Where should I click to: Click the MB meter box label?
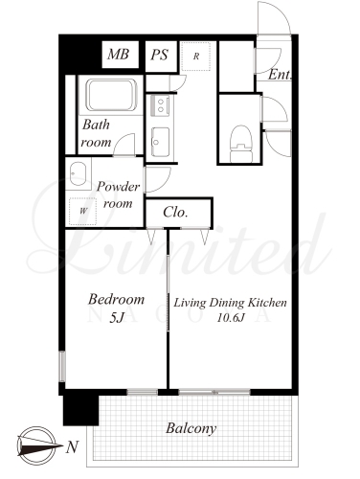click(118, 55)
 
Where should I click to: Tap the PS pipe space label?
click(159, 55)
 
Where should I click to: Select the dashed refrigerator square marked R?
click(196, 57)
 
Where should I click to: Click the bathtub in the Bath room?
click(110, 95)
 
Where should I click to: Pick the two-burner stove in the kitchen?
click(160, 105)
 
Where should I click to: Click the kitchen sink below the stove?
click(160, 142)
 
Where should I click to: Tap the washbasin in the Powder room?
click(78, 173)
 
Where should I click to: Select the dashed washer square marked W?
click(83, 211)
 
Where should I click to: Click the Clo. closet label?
click(175, 212)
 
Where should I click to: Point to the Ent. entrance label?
click(280, 75)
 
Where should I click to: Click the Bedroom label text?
click(116, 299)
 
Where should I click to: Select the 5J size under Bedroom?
click(116, 317)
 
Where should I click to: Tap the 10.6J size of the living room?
click(231, 318)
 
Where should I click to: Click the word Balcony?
click(191, 428)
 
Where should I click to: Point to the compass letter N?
click(72, 446)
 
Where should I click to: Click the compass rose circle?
click(36, 445)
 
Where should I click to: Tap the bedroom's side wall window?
click(62, 366)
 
